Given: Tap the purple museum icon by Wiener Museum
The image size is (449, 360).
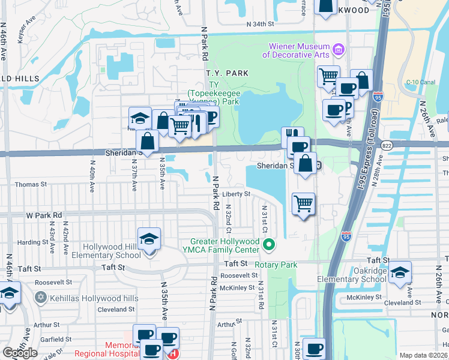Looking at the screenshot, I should [x=338, y=47].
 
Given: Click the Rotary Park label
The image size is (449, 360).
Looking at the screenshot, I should [x=276, y=265].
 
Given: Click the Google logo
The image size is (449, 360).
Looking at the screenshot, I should [x=20, y=353].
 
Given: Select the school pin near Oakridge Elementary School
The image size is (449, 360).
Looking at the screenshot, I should [x=400, y=272].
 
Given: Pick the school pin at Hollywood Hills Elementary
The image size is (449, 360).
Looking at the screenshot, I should [x=149, y=239].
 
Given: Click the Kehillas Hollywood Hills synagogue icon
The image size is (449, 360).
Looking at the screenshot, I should [x=41, y=298].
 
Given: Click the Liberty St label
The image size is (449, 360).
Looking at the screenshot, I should [x=236, y=194].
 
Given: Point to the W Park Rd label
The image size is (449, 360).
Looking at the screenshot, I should [x=44, y=214].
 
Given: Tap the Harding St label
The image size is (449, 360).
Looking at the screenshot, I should [x=28, y=242].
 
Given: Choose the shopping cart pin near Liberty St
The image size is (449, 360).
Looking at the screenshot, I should [x=304, y=203].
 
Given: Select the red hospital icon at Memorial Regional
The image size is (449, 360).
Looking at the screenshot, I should [x=173, y=354].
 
